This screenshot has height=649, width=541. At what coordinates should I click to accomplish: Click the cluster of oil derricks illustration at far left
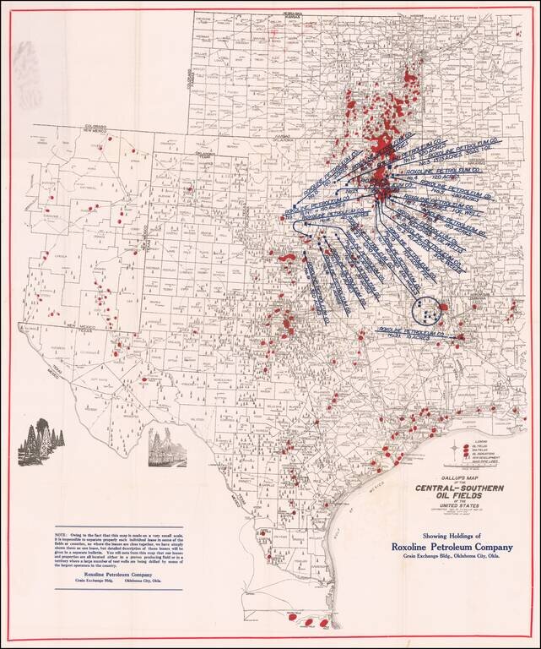tap(40, 441)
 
